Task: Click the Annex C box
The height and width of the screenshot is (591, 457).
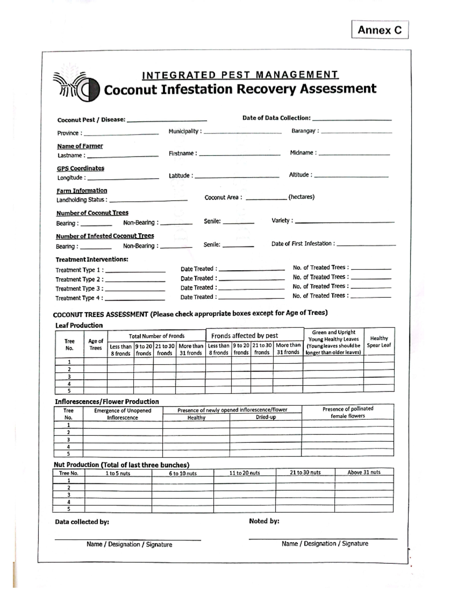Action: click(380, 30)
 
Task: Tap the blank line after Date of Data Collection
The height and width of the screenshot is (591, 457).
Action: click(352, 119)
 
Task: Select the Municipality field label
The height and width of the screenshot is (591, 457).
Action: click(185, 132)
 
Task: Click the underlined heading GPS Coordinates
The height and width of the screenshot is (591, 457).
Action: click(80, 168)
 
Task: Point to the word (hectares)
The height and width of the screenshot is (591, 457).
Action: click(301, 197)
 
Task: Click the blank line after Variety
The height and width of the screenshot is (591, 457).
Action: click(345, 221)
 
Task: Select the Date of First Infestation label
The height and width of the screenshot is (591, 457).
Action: click(303, 244)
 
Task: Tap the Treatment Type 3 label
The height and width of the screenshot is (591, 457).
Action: click(79, 288)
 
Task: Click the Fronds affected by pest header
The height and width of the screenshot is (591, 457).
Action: click(244, 336)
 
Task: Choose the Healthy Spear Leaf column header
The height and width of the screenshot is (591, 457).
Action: click(379, 342)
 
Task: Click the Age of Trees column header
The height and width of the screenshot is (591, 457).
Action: click(96, 344)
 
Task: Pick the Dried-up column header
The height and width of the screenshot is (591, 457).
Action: click(265, 417)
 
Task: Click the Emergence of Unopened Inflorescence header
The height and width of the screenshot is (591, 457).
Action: click(123, 414)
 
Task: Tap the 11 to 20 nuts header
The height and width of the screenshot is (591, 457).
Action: click(244, 473)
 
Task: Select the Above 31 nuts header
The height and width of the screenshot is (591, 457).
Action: click(364, 472)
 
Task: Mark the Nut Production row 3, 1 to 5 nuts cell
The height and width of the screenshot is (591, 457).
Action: click(118, 495)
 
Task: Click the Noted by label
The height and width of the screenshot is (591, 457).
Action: click(264, 521)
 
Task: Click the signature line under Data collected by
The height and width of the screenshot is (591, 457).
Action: click(128, 539)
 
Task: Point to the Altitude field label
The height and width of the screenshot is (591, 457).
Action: click(300, 175)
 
